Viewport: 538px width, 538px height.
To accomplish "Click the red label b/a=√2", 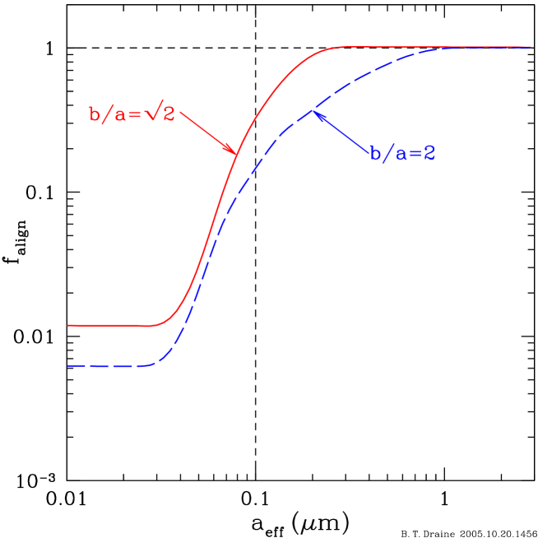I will (132, 114).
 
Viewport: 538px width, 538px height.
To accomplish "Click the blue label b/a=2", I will (402, 154).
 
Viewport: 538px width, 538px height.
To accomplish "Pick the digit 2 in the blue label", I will (429, 154).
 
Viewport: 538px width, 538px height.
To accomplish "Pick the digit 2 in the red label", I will (168, 114).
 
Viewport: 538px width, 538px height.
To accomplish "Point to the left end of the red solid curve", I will (68, 326).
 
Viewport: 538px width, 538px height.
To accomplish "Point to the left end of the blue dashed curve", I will (68, 365).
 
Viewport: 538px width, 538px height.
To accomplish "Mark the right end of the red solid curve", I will (531, 48).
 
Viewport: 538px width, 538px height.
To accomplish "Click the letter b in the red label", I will (95, 114).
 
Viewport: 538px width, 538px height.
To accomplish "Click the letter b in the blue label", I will (376, 154).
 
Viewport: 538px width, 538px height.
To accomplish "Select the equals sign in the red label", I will (134, 115).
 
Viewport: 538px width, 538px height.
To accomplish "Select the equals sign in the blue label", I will (415, 155).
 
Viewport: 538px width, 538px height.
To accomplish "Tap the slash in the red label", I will (108, 114).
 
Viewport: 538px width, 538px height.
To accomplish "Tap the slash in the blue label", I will (389, 154).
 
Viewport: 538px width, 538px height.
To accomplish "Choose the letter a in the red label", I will (121, 116).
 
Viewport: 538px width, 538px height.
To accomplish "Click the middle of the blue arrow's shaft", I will (341, 132).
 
